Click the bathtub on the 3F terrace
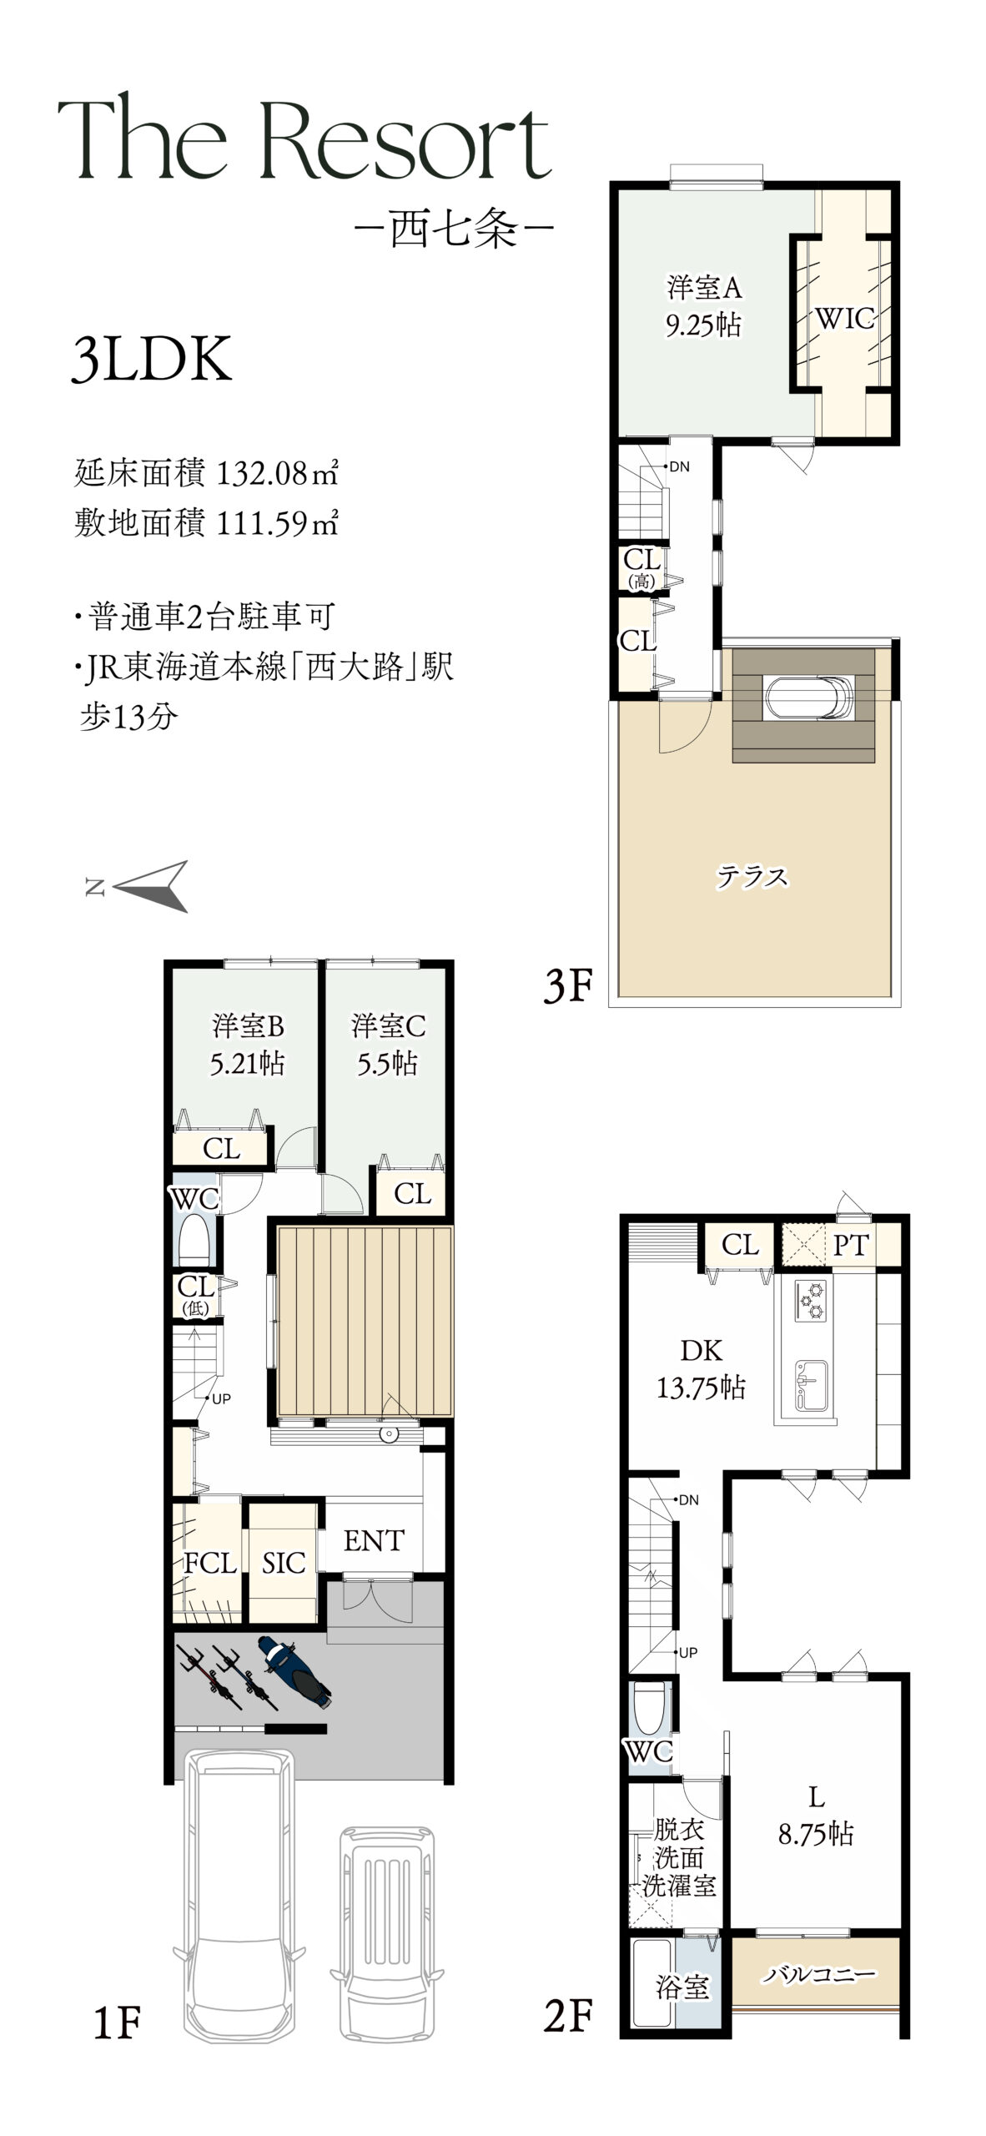(x=808, y=697)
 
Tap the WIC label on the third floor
(x=844, y=318)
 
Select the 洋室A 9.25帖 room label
(x=703, y=305)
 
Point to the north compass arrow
(x=149, y=886)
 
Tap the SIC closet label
(x=284, y=1563)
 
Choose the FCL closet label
(x=210, y=1563)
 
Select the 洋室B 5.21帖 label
(x=248, y=1044)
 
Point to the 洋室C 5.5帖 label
(x=388, y=1044)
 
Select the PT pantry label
(x=851, y=1246)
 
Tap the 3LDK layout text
(x=152, y=359)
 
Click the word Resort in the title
(x=406, y=139)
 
